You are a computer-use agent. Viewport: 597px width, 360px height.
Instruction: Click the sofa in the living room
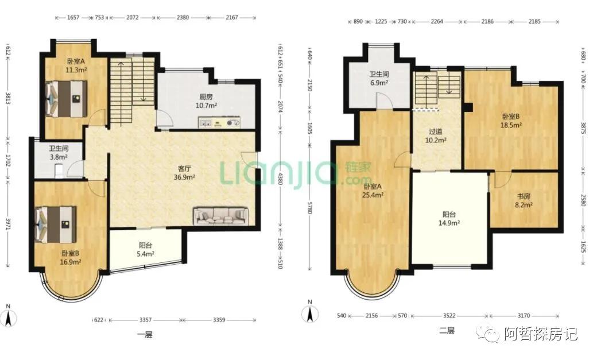(x=221, y=216)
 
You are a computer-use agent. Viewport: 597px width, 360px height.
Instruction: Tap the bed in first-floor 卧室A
(x=67, y=98)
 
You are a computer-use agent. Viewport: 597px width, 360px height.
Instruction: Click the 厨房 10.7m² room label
(x=206, y=101)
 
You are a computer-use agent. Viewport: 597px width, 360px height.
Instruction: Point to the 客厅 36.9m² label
(x=184, y=173)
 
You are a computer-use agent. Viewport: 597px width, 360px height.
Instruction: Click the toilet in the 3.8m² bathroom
(x=59, y=171)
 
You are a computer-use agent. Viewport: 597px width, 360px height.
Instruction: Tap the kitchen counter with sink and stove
(x=219, y=123)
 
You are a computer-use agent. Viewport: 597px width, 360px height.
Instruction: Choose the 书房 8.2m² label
(x=524, y=200)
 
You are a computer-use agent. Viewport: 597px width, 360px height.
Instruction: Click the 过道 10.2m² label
(x=436, y=136)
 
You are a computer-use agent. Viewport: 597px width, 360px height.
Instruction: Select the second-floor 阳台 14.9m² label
(x=449, y=219)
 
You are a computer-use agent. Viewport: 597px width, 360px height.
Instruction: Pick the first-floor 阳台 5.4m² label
(x=145, y=250)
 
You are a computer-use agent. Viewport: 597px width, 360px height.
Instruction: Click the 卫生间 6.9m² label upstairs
(x=379, y=78)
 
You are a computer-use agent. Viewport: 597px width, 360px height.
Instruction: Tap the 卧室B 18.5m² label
(x=511, y=121)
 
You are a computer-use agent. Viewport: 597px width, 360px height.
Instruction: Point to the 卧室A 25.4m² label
(x=373, y=191)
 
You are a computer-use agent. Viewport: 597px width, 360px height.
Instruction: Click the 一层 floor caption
(x=145, y=335)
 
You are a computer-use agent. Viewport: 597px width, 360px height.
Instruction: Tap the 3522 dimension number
(x=449, y=315)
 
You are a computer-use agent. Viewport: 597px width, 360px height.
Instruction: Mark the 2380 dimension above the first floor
(x=183, y=17)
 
